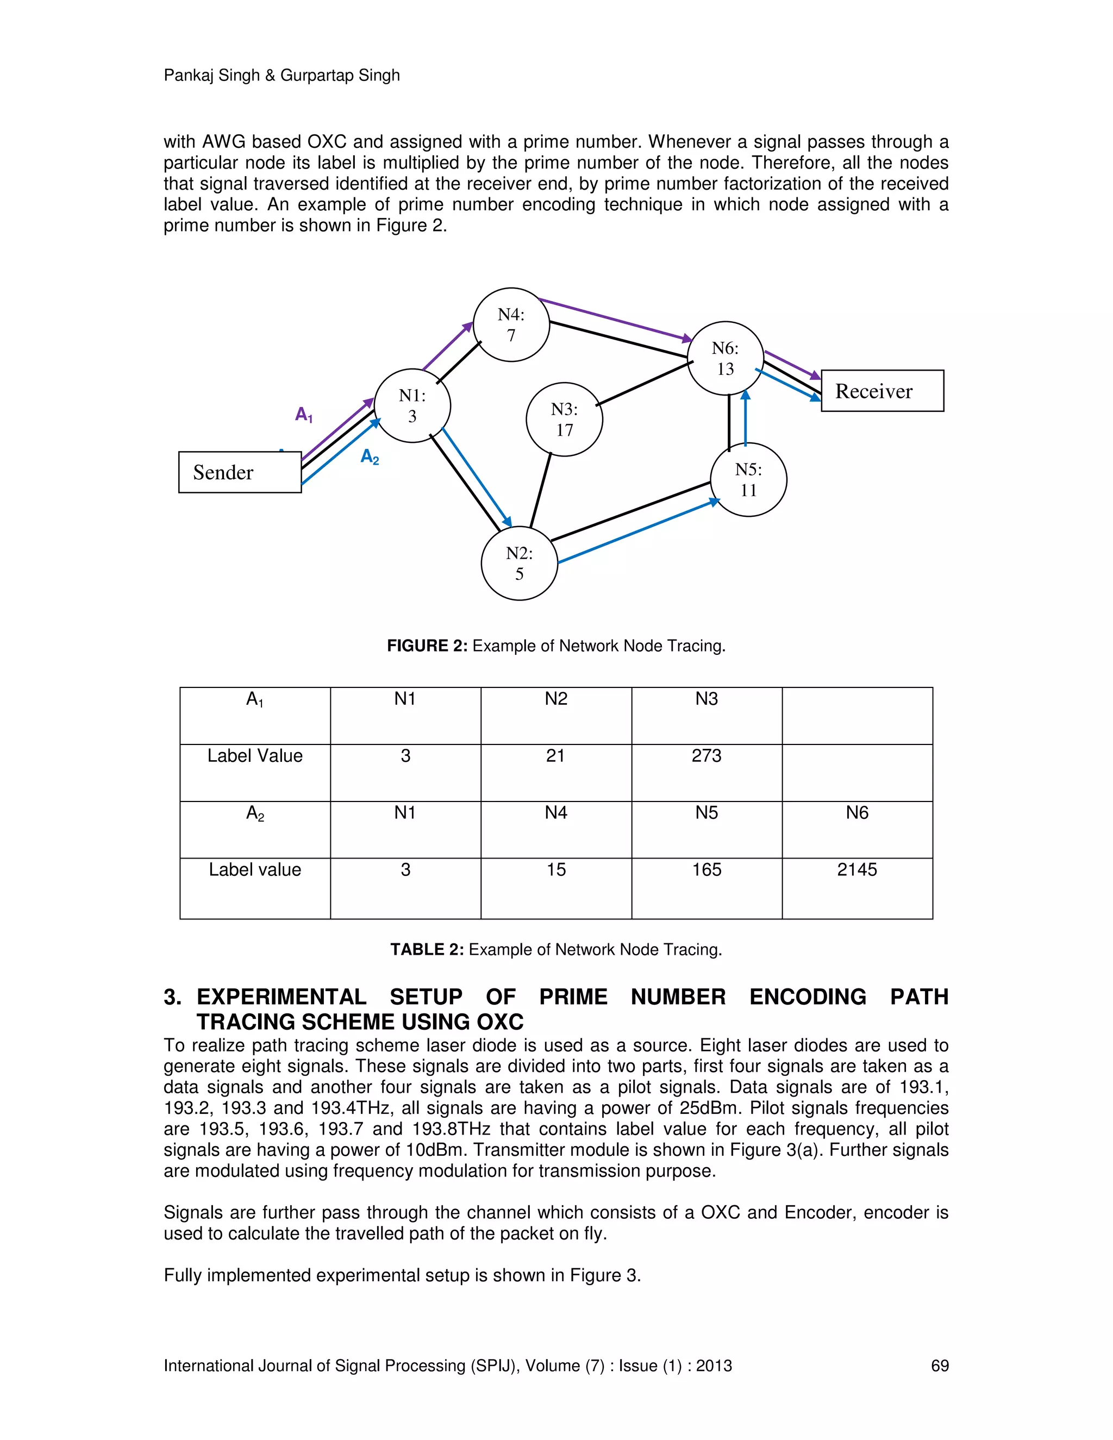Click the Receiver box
pos(881,391)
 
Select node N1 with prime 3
pos(412,405)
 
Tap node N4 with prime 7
pos(511,324)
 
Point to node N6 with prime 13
pos(726,358)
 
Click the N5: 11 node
pos(748,479)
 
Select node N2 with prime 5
pos(519,563)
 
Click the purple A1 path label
pos(303,415)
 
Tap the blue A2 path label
pos(369,456)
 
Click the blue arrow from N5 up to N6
pos(745,418)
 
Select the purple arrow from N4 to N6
pos(613,320)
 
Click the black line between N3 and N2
pos(541,491)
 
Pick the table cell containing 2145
pos(856,869)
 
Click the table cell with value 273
pos(706,756)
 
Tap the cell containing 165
pos(706,869)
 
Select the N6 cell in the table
pos(856,813)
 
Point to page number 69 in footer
pos(939,1366)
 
